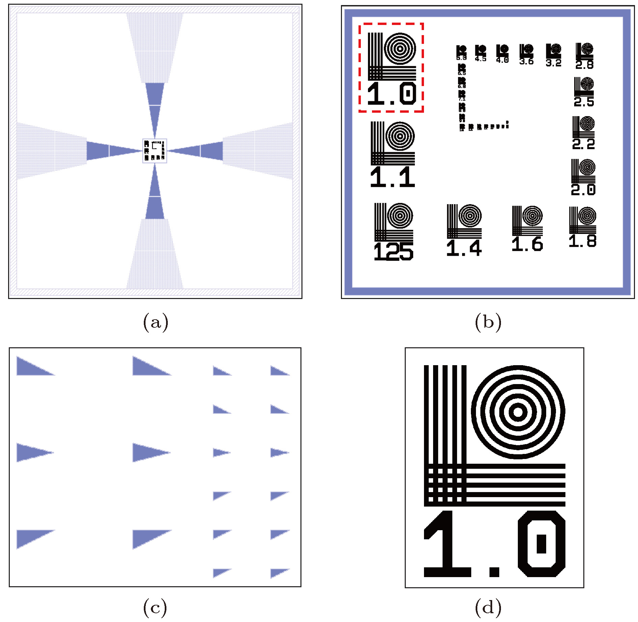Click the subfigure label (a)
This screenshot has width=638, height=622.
click(x=156, y=322)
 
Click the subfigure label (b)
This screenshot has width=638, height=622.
click(x=488, y=322)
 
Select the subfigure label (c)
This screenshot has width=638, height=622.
click(x=155, y=608)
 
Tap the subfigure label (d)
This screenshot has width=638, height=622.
click(x=488, y=608)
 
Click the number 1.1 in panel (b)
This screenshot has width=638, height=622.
click(x=392, y=177)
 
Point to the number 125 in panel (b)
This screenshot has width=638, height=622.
click(x=393, y=251)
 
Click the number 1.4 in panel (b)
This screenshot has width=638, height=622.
click(x=464, y=248)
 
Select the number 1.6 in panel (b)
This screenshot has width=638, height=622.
click(x=527, y=244)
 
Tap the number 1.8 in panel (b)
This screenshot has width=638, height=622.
click(x=583, y=241)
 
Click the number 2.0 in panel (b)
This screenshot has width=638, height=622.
click(x=583, y=190)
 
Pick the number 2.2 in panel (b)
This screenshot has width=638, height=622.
click(x=583, y=144)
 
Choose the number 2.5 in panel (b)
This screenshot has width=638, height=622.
click(x=584, y=102)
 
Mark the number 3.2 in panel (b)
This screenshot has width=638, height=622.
click(x=554, y=63)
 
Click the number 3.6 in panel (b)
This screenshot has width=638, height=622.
click(x=527, y=61)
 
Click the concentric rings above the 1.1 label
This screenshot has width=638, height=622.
click(x=400, y=136)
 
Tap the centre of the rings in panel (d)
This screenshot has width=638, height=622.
click(x=518, y=412)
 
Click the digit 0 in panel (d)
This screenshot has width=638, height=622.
click(x=541, y=544)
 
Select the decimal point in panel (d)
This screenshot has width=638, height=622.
click(x=495, y=571)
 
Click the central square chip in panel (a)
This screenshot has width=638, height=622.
click(x=155, y=151)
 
